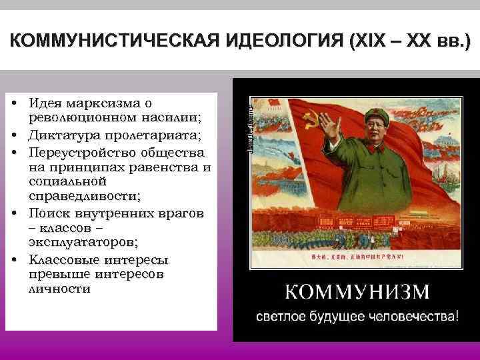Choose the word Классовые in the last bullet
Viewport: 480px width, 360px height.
click(x=65, y=259)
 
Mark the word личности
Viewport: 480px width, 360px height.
click(x=59, y=289)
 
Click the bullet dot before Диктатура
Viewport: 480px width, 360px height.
click(x=14, y=135)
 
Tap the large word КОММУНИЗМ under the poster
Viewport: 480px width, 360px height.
click(x=358, y=293)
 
